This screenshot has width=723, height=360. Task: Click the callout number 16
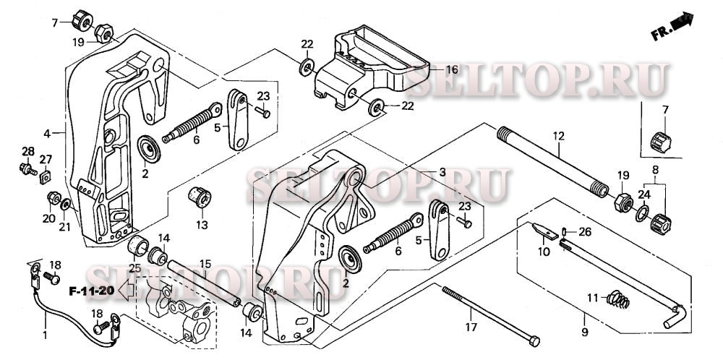pos(452,70)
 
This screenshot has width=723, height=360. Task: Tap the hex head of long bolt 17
pos(533,340)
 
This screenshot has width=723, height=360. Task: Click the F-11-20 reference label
pos(93,291)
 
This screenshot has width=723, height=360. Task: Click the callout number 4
pos(46,134)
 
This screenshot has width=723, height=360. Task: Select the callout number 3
pos(442,172)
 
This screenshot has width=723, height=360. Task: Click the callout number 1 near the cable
pos(46,335)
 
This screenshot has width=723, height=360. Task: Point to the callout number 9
pos(584,333)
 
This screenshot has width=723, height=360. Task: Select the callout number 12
pos(558,135)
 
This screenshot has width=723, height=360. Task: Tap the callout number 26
pos(585,232)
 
